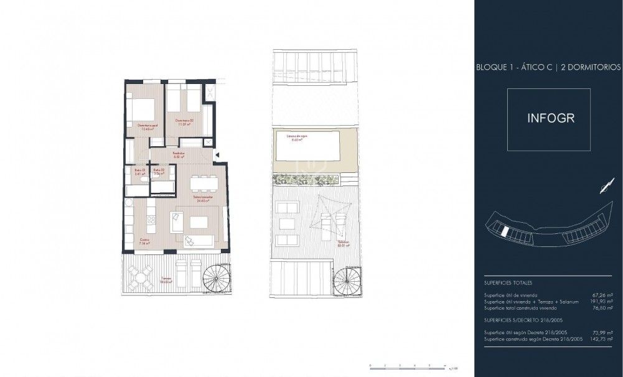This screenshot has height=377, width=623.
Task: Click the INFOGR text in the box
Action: click(x=548, y=119)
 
